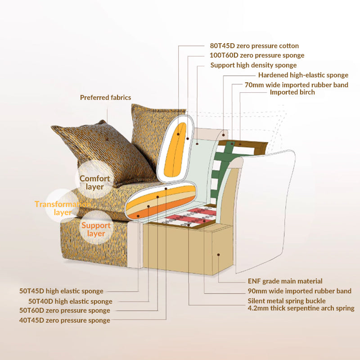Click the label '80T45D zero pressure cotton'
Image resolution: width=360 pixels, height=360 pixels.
click(x=254, y=46)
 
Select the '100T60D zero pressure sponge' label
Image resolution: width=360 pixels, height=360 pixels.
click(x=257, y=55)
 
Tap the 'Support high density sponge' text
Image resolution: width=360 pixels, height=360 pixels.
click(x=253, y=65)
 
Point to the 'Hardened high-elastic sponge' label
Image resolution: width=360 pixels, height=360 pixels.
click(x=303, y=75)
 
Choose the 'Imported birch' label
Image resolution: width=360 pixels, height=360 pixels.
click(x=292, y=92)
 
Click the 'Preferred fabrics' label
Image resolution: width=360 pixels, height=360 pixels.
click(x=105, y=98)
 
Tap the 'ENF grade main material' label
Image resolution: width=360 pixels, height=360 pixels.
click(x=285, y=281)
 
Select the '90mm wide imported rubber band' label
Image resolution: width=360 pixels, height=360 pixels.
click(x=299, y=291)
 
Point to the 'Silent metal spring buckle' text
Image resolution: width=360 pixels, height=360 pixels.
click(x=286, y=301)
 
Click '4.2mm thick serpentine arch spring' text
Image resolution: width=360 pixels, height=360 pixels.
click(x=301, y=308)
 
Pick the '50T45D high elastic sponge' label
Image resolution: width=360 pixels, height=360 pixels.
click(x=61, y=291)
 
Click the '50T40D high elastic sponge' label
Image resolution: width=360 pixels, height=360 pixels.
click(x=70, y=301)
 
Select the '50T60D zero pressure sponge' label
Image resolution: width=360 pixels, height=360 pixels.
click(x=64, y=310)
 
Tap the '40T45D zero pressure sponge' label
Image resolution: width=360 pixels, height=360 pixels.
click(x=64, y=320)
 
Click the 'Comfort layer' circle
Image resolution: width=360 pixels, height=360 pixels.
click(x=94, y=182)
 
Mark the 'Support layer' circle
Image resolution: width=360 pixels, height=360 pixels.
click(x=96, y=229)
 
